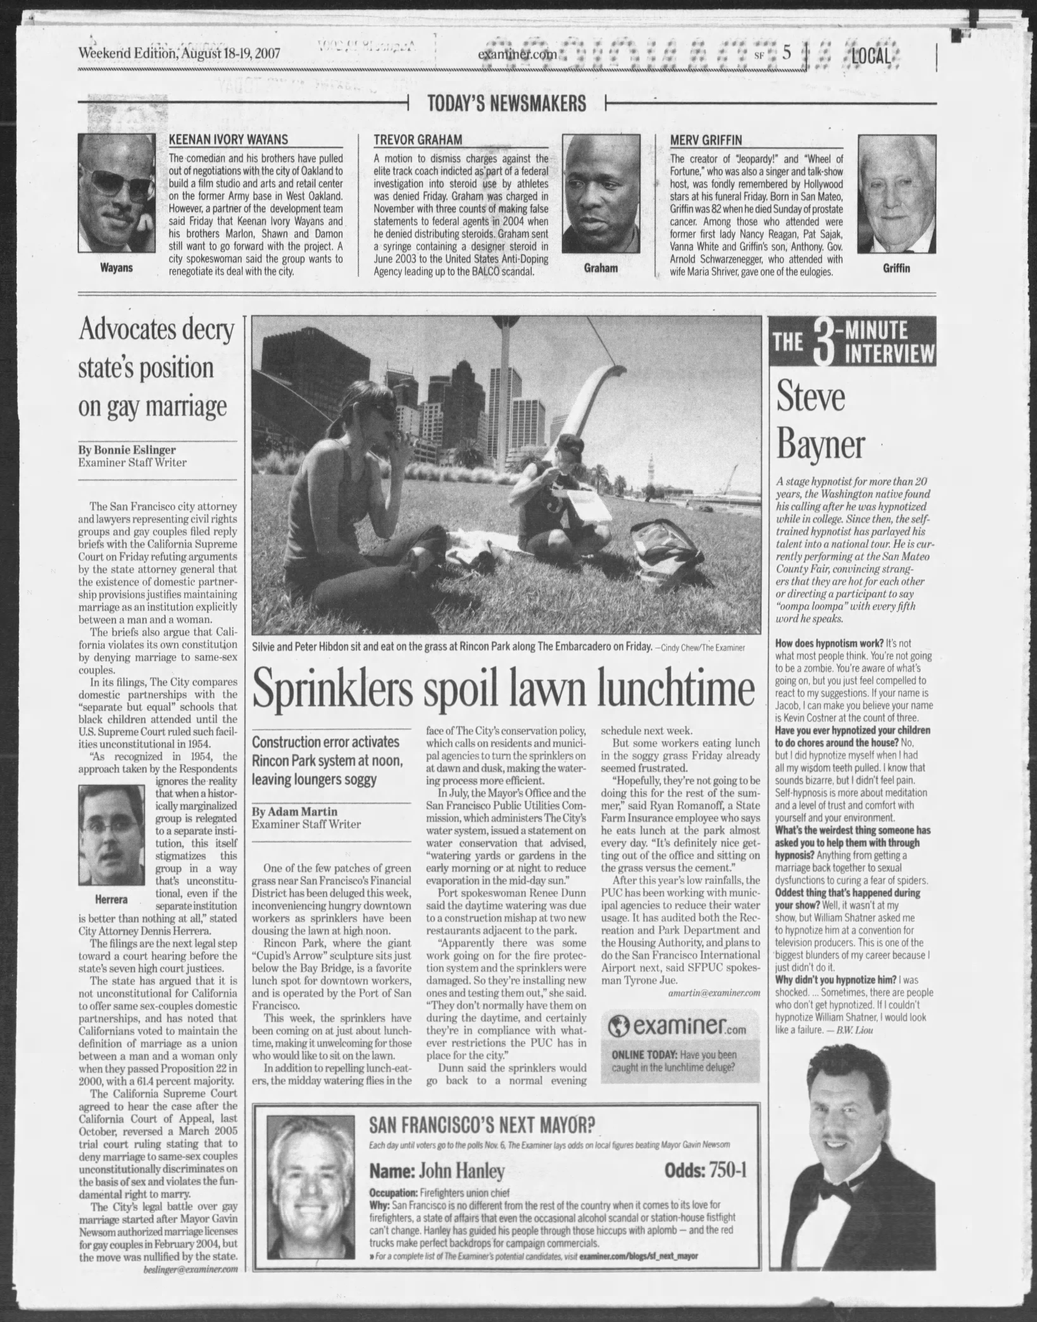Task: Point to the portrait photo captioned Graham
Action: (x=601, y=194)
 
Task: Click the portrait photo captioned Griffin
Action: (x=896, y=194)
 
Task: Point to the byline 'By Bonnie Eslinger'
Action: (x=127, y=450)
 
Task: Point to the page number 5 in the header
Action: (x=787, y=53)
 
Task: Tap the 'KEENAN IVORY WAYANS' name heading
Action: (x=228, y=140)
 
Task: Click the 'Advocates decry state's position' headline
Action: (x=156, y=368)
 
